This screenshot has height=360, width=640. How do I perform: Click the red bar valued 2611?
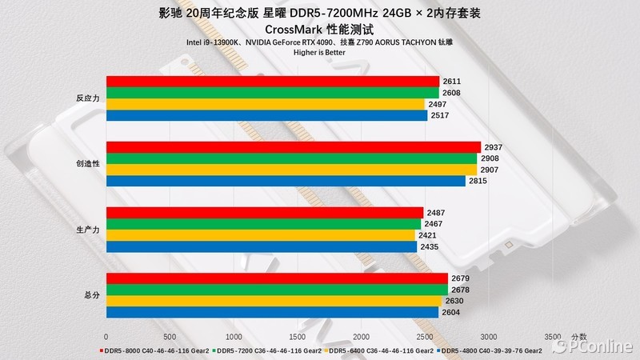coord(272,82)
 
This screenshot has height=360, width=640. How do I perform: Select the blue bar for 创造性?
coord(286,182)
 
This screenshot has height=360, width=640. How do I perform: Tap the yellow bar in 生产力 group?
coord(261,236)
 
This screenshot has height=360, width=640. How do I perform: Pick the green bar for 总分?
coord(277,290)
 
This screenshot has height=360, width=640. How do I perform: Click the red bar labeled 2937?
coord(293,147)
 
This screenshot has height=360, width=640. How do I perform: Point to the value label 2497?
coord(438,105)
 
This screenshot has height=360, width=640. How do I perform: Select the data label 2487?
coord(436,213)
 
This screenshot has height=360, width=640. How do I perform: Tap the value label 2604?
coord(451,312)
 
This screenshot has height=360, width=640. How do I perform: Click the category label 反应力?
coord(87,98)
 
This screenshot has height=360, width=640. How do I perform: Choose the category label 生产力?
coord(87,230)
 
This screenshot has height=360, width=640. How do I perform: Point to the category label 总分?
coord(91,295)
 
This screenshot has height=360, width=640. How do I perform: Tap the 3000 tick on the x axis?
coord(489,337)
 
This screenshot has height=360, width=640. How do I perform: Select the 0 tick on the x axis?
coord(106,337)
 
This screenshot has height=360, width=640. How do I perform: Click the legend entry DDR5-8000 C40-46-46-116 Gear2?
coord(152,350)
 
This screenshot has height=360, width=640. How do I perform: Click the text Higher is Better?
coord(319,54)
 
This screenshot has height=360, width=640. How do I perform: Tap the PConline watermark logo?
coord(592,346)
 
